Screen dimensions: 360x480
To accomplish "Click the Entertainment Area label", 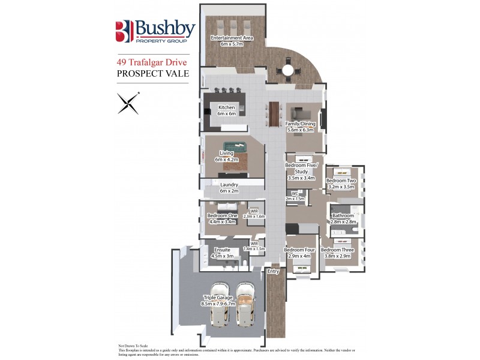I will [x=232, y=41].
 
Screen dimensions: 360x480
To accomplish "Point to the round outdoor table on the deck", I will [x=288, y=71].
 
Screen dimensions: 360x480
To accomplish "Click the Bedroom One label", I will [x=222, y=218].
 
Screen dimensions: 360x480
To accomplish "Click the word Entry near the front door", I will [x=274, y=272].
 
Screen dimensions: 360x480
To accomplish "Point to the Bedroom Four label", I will [x=301, y=253].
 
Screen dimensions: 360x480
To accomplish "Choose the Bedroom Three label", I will [x=337, y=253].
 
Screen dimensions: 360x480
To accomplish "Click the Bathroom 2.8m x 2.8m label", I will [x=343, y=218].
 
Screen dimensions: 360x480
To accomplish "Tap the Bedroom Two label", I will [x=341, y=184].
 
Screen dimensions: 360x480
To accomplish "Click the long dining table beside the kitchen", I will [x=275, y=113].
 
